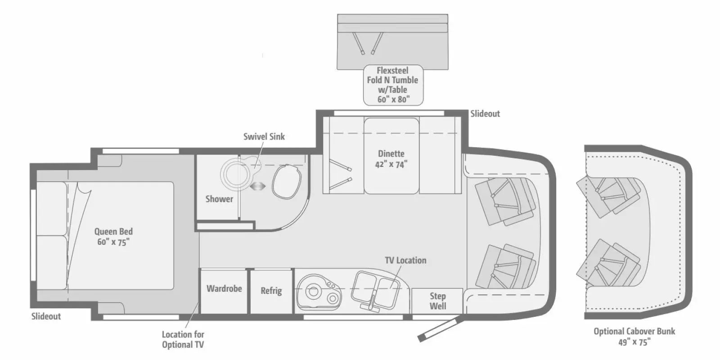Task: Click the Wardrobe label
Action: point(224,289)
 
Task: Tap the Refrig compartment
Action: point(271,291)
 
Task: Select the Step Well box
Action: point(437,301)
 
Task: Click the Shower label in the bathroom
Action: point(219,199)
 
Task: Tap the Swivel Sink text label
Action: point(264,136)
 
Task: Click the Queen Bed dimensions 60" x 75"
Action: point(113,242)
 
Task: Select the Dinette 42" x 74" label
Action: point(391,159)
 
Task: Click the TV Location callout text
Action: point(405,260)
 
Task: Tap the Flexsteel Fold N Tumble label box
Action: point(393,85)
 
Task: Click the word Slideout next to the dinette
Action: point(485,114)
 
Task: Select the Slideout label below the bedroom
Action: point(46,316)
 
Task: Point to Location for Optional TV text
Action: point(183,339)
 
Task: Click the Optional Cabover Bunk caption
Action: point(634,336)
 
